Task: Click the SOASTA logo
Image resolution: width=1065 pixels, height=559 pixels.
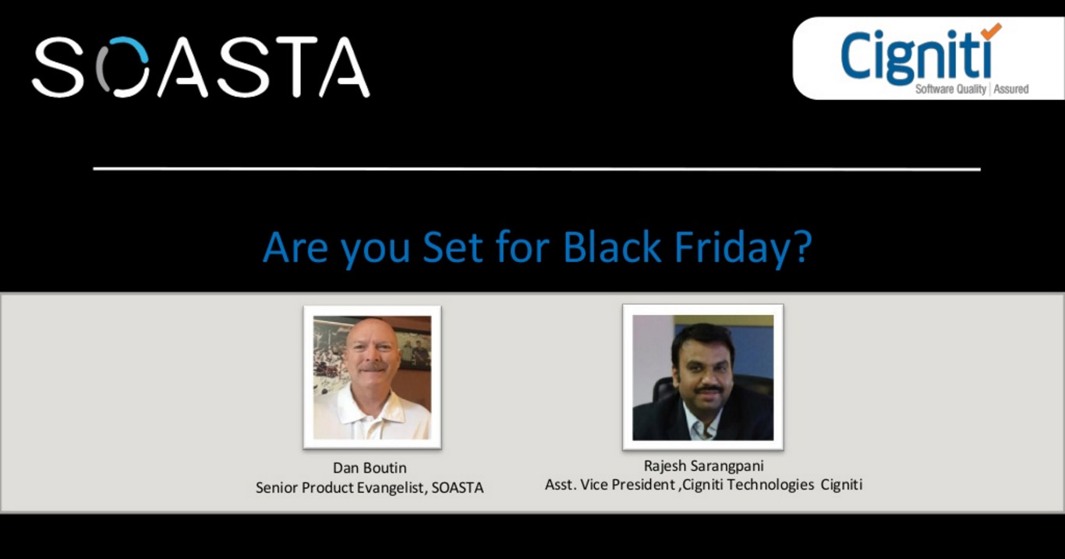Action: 200,66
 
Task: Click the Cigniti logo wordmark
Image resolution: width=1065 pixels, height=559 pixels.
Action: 916,56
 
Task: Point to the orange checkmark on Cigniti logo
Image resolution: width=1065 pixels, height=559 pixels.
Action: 990,31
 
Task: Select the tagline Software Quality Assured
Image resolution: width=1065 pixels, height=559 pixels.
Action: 971,89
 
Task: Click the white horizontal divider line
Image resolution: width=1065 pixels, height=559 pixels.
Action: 536,168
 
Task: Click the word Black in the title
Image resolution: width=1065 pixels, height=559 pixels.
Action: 612,248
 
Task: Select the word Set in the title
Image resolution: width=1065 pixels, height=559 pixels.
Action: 453,248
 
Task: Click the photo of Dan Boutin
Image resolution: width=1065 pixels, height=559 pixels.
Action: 372,377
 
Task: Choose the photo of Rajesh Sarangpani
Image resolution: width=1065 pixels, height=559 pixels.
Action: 702,377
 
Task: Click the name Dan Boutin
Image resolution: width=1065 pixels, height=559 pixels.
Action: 370,468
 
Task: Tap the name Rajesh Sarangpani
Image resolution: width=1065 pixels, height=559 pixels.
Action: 704,466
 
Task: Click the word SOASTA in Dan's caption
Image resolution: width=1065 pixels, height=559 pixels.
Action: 458,488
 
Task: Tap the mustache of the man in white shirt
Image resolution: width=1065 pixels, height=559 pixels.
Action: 373,366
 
